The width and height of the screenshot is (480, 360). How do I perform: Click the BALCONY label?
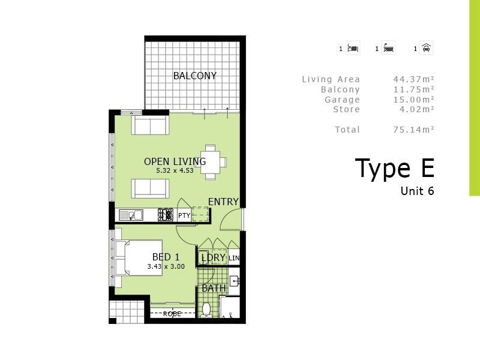pos(194,76)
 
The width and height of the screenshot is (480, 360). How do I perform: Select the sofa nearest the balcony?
pos(150,125)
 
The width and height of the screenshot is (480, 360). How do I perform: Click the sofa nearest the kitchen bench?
pos(150,188)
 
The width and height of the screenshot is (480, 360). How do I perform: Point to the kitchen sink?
pos(130,215)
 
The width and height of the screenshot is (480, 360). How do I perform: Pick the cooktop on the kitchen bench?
pos(165,215)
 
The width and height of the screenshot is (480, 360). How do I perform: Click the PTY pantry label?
pos(184,215)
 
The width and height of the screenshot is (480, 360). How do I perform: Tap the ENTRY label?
pos(223,202)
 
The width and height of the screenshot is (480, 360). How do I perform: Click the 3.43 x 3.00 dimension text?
pos(166,266)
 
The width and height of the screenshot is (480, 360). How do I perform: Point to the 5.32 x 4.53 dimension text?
pos(175,170)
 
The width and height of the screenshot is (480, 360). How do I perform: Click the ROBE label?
pos(172,314)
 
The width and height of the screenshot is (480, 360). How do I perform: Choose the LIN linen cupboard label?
pos(234,259)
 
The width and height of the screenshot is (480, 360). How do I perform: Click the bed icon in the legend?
pos(353,49)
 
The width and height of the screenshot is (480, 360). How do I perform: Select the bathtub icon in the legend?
pos(389,49)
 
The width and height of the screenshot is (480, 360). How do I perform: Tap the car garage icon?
pos(426,49)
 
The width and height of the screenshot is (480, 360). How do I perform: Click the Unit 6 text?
pos(417,191)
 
